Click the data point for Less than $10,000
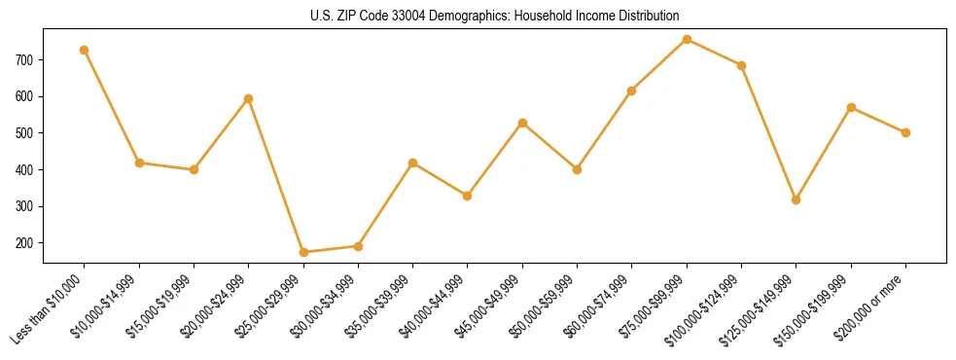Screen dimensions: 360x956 [x=85, y=50]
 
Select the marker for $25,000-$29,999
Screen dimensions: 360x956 [x=303, y=252]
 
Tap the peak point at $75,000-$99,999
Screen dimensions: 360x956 [x=687, y=39]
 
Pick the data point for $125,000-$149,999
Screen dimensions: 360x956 [x=797, y=199]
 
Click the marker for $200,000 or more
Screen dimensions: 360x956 [x=905, y=132]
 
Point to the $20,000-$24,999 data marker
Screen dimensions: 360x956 [x=249, y=98]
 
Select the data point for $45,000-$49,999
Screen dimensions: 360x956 [x=522, y=123]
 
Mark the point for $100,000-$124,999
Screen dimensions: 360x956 [x=741, y=65]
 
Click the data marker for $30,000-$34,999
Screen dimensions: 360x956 [x=358, y=246]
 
